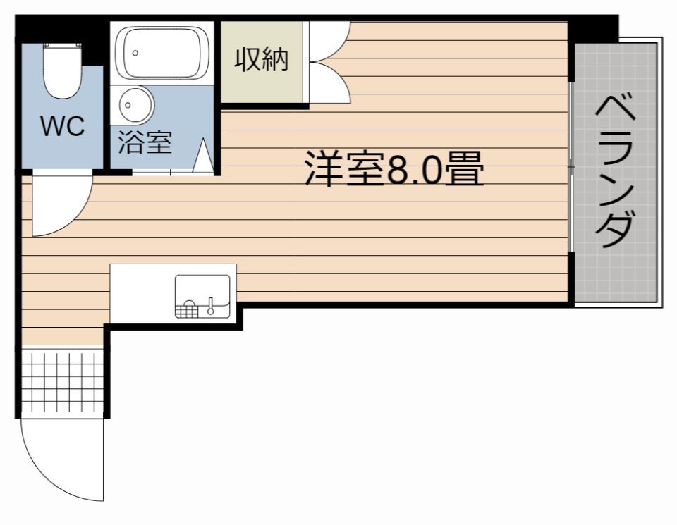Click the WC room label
[x=62, y=126]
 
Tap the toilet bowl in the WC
[x=62, y=73]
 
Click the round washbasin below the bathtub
[x=136, y=104]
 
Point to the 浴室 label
[x=145, y=142]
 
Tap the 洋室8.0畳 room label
[x=394, y=168]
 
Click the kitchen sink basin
[x=202, y=297]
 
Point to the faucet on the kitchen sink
[x=211, y=306]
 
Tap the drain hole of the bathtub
[x=135, y=53]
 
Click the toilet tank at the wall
[x=62, y=45]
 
